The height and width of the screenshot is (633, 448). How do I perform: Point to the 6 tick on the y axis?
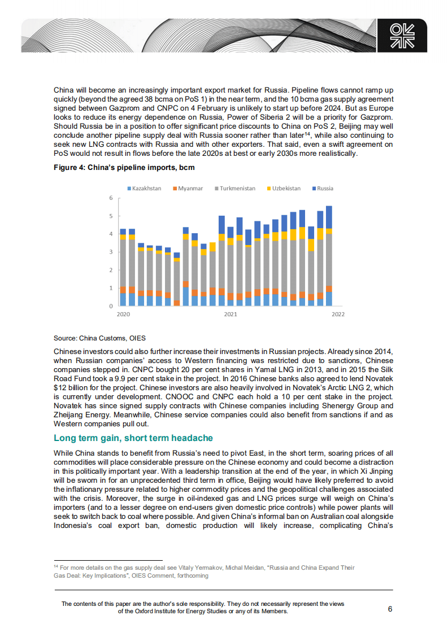tap(111, 198)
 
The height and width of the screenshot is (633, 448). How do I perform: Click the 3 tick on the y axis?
tap(111, 252)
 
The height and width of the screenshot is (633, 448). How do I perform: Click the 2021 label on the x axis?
tap(230, 314)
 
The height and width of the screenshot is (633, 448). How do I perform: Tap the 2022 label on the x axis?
tap(338, 314)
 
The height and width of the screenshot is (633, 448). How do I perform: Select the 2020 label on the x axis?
tap(123, 314)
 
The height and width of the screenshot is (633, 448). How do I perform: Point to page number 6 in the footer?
tap(390, 609)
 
